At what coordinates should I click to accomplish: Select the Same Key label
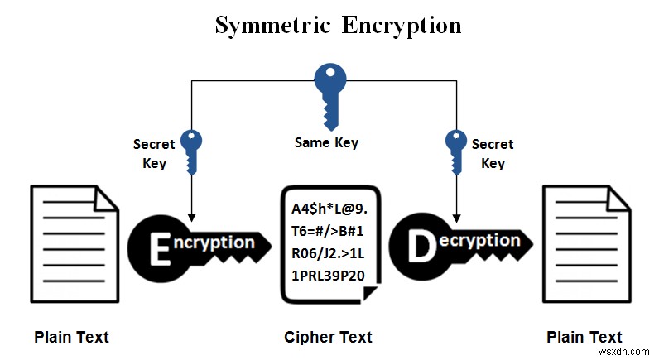[x=326, y=142]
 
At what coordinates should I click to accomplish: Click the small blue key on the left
[x=191, y=150]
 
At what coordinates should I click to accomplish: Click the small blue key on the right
[x=456, y=150]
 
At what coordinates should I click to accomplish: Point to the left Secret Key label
[x=154, y=153]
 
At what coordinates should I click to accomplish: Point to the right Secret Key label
[x=493, y=153]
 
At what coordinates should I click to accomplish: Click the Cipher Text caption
[x=328, y=337]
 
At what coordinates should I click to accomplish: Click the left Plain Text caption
[x=71, y=337]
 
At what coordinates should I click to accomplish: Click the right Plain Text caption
[x=584, y=337]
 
